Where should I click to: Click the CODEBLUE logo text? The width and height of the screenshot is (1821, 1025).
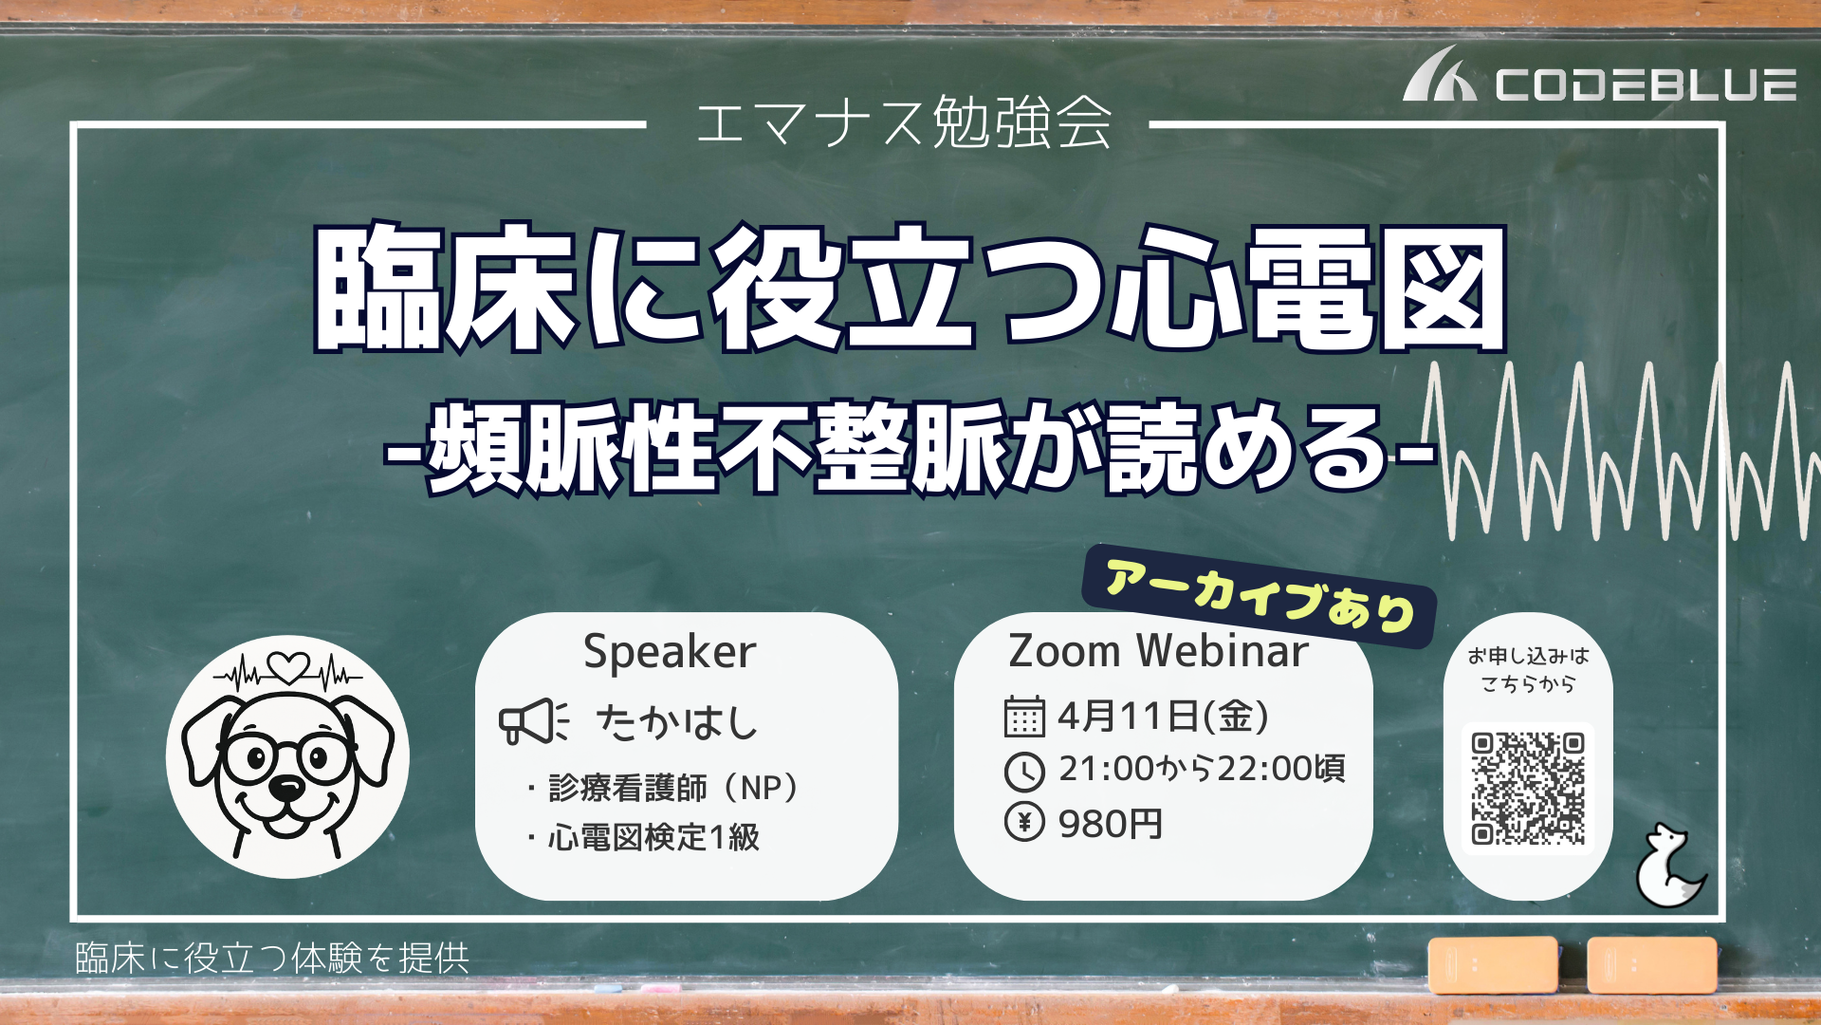click(x=1646, y=84)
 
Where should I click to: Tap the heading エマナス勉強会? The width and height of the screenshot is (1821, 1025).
click(x=904, y=123)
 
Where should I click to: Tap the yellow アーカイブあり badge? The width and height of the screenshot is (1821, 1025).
click(x=1260, y=596)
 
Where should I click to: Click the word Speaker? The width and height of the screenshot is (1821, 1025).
click(x=670, y=652)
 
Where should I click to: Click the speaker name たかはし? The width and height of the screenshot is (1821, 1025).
click(x=677, y=722)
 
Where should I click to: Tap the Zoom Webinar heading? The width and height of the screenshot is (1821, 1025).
click(x=1158, y=651)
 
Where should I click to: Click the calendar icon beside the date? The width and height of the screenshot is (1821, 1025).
click(x=1024, y=717)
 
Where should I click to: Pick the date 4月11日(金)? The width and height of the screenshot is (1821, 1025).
click(x=1163, y=716)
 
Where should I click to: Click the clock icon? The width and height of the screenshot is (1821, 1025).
click(x=1024, y=772)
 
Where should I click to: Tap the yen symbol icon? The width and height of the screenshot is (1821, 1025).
click(x=1024, y=822)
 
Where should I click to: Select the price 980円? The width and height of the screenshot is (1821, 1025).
click(x=1111, y=824)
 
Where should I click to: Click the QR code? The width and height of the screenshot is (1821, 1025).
click(x=1528, y=789)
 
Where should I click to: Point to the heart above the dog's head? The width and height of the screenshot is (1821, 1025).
click(x=288, y=667)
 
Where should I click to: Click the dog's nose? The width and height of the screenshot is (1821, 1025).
click(x=286, y=787)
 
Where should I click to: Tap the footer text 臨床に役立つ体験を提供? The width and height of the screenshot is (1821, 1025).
click(x=272, y=959)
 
